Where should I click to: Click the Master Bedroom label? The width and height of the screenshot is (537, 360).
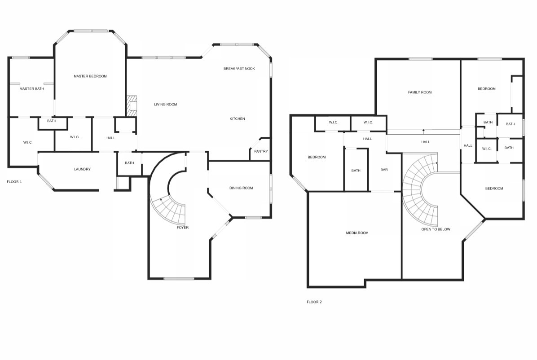click(x=90, y=76)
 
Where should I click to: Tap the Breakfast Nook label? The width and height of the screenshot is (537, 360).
click(x=239, y=69)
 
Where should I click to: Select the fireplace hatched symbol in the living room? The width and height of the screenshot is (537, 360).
click(x=131, y=106)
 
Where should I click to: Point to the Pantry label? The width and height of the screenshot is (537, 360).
click(x=261, y=151)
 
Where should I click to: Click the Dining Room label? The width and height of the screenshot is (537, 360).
click(x=241, y=188)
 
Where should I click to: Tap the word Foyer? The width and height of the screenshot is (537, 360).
click(x=183, y=228)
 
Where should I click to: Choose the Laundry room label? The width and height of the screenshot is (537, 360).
click(x=82, y=169)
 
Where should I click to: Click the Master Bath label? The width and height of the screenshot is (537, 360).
click(x=31, y=89)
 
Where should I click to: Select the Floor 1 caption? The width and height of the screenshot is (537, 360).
click(x=14, y=182)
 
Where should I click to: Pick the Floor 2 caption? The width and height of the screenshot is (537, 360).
click(x=314, y=302)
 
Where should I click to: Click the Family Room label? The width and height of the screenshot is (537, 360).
click(x=420, y=92)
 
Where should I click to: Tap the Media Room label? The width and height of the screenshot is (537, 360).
click(x=357, y=233)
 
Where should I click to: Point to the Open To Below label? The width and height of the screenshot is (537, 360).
click(x=436, y=229)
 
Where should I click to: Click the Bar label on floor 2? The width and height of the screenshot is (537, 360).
click(x=384, y=170)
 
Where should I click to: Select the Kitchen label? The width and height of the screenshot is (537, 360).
click(x=237, y=119)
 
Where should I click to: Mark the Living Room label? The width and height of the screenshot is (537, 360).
click(x=166, y=105)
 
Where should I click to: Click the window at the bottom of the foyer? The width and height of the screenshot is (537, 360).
click(x=178, y=279)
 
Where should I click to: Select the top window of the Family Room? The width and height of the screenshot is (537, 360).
click(x=421, y=59)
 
